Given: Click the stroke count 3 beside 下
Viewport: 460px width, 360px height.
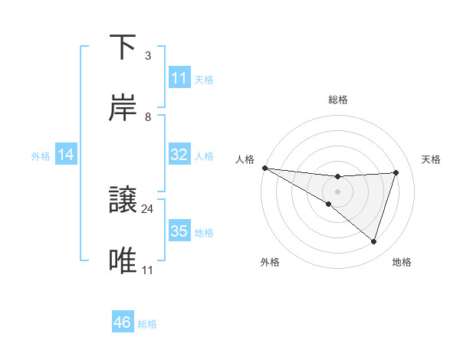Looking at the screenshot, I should pyautogui.click(x=148, y=56).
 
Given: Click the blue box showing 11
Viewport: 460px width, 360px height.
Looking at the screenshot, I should pyautogui.click(x=179, y=78).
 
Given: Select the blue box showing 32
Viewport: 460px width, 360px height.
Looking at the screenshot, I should pyautogui.click(x=179, y=155).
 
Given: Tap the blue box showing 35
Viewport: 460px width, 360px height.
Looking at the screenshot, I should pyautogui.click(x=179, y=231).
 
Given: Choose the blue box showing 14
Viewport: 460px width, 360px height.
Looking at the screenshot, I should pyautogui.click(x=66, y=155).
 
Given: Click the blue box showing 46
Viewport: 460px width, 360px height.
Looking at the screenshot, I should pyautogui.click(x=123, y=322).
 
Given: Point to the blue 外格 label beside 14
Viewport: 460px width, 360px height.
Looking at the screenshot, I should pyautogui.click(x=41, y=155).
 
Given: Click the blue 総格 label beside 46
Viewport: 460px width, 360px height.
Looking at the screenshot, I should pyautogui.click(x=147, y=324).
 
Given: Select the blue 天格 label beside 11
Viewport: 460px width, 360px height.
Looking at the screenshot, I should pyautogui.click(x=204, y=79).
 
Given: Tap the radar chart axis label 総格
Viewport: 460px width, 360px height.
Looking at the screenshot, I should pyautogui.click(x=338, y=100).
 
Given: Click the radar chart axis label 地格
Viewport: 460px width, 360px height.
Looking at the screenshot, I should pyautogui.click(x=402, y=263).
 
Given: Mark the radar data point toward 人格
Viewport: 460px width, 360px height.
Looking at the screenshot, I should pyautogui.click(x=264, y=167).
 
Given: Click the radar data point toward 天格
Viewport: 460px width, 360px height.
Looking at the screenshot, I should pyautogui.click(x=396, y=172).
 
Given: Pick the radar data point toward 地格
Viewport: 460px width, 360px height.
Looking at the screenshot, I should pyautogui.click(x=374, y=241).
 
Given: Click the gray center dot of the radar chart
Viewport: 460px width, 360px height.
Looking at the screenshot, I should pyautogui.click(x=338, y=191).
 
